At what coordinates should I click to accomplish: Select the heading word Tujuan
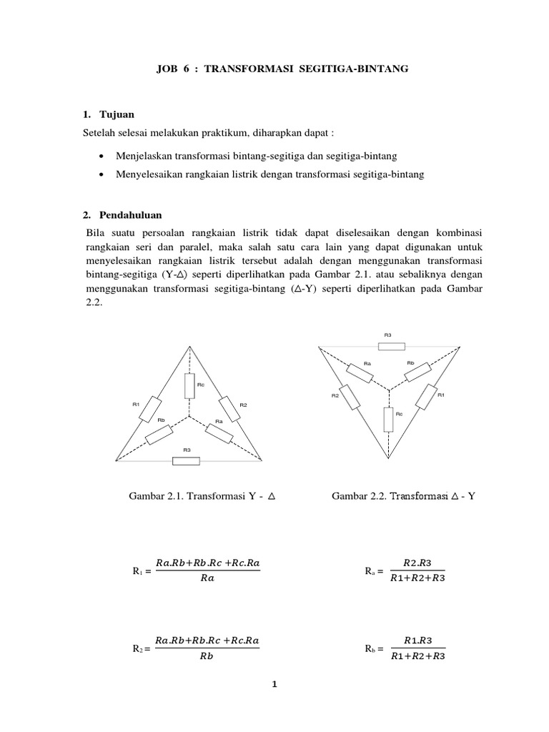coord(117,114)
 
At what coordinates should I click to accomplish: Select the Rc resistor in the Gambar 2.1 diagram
coord(189,386)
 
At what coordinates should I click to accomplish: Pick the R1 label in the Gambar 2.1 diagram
coord(135,405)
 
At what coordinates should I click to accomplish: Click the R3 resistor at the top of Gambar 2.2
coord(392,346)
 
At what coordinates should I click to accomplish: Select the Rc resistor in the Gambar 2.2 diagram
coord(388,419)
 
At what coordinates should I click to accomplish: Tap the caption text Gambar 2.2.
coord(360,495)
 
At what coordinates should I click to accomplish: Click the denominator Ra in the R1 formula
coord(207,579)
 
